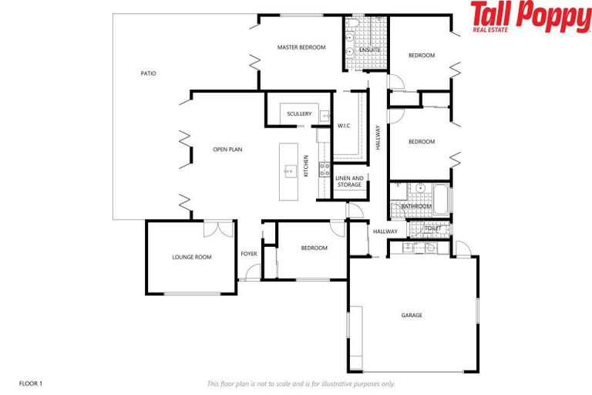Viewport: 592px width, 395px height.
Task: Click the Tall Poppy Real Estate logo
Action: tap(530, 17)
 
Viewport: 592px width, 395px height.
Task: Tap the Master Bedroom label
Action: tap(301, 48)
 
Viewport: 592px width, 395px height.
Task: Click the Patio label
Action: tap(148, 74)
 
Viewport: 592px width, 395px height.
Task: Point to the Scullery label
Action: tap(298, 114)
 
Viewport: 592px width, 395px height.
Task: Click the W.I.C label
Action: tap(345, 125)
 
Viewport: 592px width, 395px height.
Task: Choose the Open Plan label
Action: tap(227, 150)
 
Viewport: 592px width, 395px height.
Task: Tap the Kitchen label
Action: tap(306, 166)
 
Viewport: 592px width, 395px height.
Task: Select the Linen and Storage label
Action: tap(349, 181)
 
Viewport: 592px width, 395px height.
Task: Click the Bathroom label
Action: tap(416, 207)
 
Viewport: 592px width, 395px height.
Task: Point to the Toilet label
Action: tap(432, 228)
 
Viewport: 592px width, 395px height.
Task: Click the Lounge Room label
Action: tap(192, 257)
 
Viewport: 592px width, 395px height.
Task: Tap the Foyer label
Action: tap(248, 254)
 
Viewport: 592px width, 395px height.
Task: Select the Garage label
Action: tap(412, 315)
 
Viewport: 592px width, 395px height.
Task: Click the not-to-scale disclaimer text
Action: tap(301, 383)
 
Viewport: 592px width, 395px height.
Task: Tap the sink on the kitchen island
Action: tap(291, 170)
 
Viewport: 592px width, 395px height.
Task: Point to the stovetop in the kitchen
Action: tap(325, 170)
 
